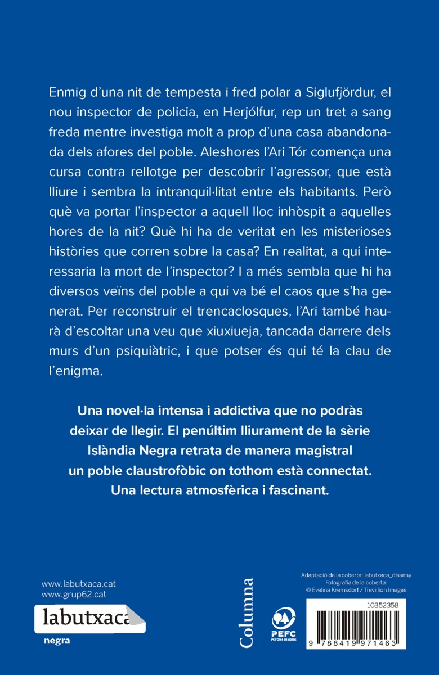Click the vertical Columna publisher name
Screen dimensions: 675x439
246,614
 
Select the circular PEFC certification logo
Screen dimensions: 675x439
281,619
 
